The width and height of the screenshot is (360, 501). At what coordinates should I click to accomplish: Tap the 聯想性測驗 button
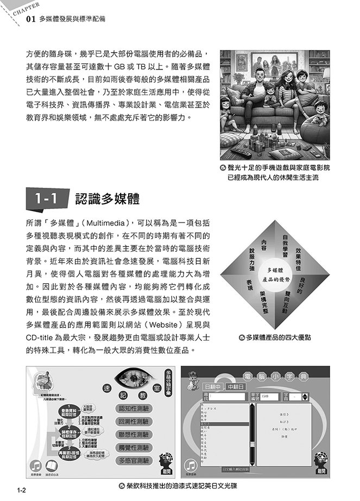point(133,435)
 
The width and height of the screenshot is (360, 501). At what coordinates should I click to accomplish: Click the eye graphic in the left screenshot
point(132,383)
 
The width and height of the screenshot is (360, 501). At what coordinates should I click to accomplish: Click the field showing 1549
point(271,397)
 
